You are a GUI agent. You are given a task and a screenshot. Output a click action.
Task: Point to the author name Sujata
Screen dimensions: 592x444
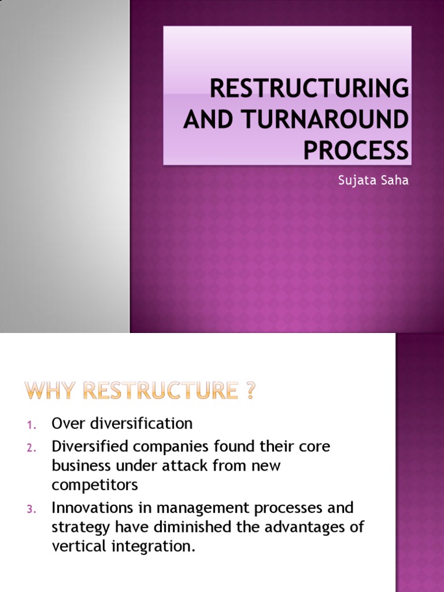click(354, 180)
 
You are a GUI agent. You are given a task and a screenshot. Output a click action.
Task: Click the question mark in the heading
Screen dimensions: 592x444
click(249, 392)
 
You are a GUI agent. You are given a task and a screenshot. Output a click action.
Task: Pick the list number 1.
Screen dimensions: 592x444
click(32, 425)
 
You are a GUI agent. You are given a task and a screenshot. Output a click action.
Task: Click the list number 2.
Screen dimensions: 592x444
click(32, 448)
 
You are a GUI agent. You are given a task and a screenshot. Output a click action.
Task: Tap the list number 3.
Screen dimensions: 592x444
click(32, 509)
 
